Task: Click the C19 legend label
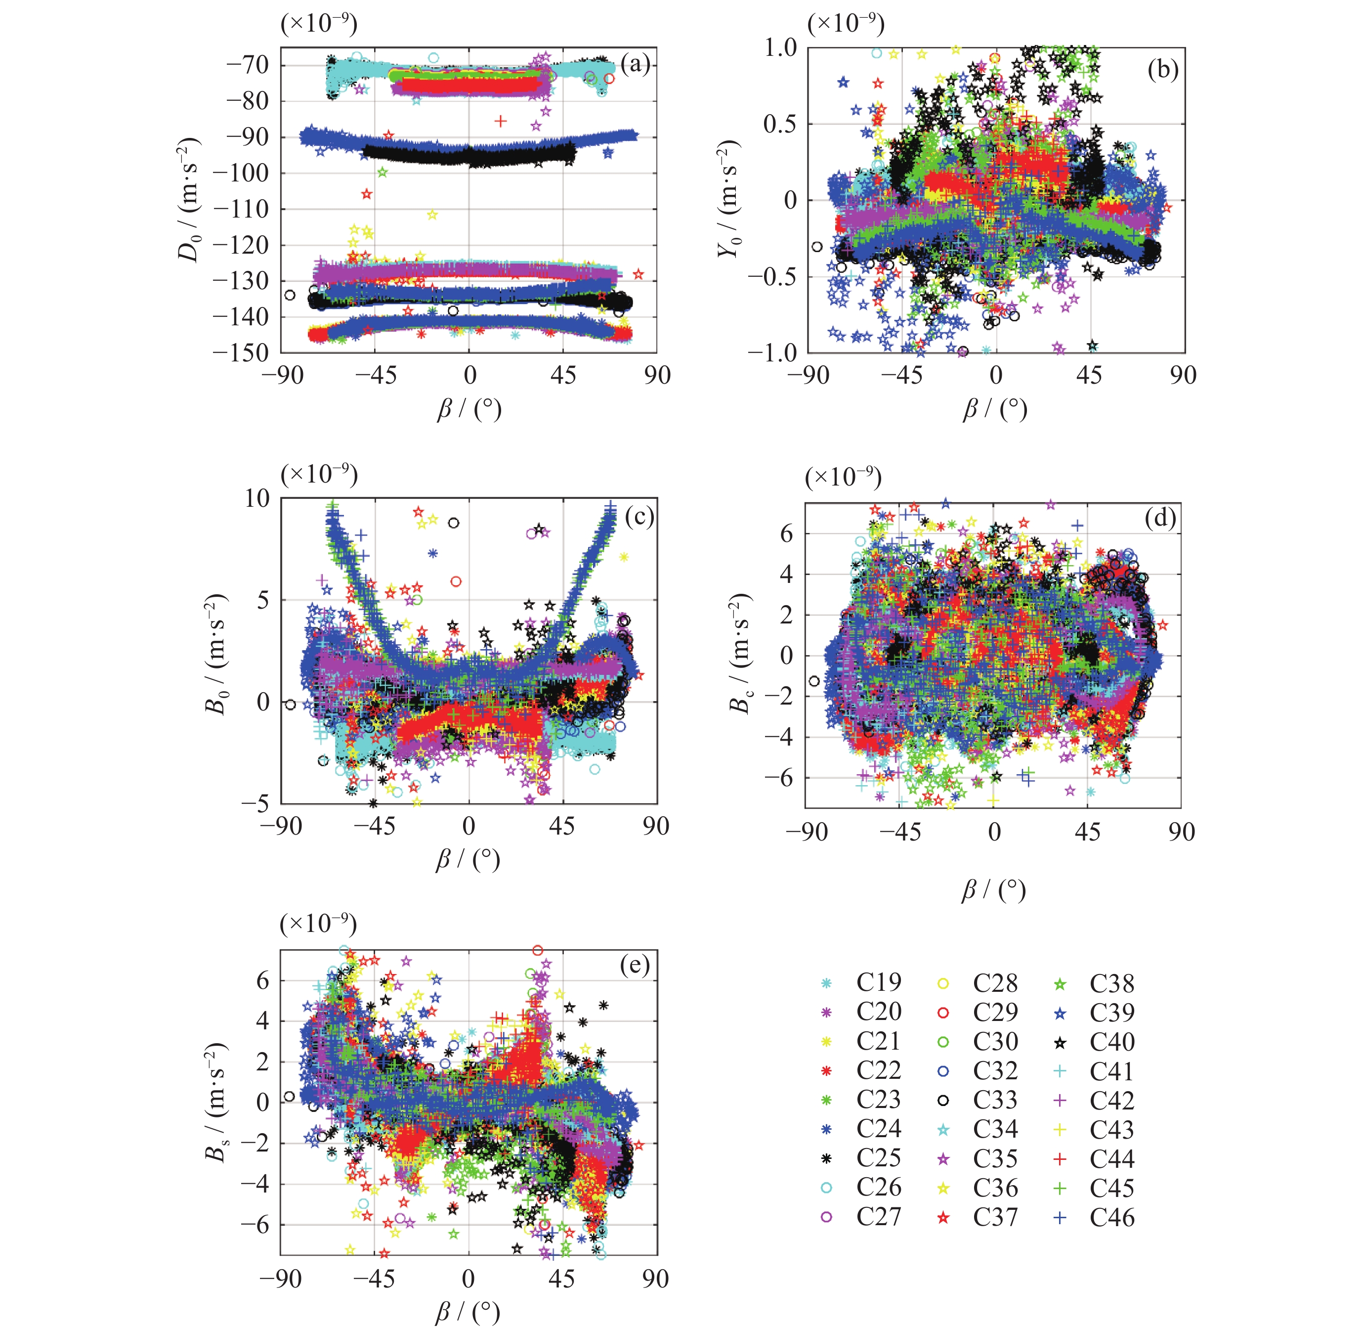879,982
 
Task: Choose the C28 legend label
995,983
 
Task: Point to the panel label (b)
1162,70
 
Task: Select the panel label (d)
1160,518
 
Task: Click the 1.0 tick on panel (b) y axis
780,47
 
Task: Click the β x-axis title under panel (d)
994,890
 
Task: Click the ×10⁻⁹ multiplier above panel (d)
843,478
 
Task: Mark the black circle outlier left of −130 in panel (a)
290,295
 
